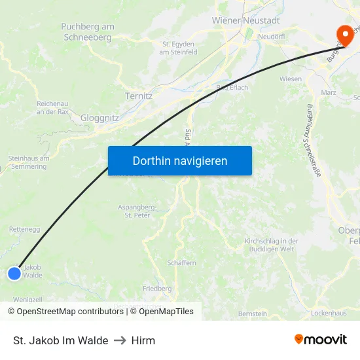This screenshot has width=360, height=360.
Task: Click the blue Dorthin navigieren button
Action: point(180,160)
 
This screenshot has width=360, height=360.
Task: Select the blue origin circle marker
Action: point(14,274)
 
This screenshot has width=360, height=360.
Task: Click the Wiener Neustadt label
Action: point(245,20)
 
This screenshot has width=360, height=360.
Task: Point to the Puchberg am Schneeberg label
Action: point(88,31)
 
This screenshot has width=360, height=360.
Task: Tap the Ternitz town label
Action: point(138,96)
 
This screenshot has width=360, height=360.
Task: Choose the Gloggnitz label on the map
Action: point(99,118)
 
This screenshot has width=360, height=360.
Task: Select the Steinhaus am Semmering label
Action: point(28,162)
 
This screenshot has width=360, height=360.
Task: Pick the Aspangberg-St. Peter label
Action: point(137,211)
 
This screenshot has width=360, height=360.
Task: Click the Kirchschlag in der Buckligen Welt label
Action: point(271,245)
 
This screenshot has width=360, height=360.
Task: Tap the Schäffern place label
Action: point(181,262)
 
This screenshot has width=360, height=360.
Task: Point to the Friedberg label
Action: point(157,288)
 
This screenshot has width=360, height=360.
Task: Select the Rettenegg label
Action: point(25,230)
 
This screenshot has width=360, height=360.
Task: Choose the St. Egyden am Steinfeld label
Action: point(179,48)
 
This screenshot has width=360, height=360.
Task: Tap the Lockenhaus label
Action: point(328,314)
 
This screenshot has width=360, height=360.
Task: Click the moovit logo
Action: point(320,340)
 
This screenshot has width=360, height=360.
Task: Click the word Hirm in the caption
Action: point(143,340)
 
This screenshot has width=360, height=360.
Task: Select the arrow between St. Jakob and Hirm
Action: point(120,340)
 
